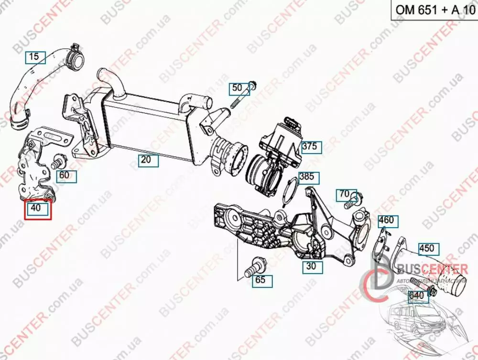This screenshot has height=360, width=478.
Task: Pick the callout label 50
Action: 238,88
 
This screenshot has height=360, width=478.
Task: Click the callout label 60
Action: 66,175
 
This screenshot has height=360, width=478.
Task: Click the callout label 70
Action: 344,195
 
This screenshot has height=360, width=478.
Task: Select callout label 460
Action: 386,220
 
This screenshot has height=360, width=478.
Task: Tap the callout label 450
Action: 426,249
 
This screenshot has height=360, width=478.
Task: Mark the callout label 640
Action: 417,296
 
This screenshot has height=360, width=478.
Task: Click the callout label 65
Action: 260,280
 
